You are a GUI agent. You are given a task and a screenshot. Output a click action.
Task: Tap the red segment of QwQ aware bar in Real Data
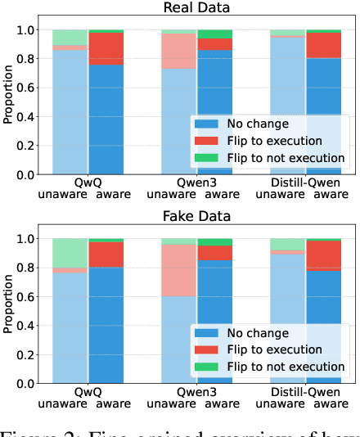tap(106, 49)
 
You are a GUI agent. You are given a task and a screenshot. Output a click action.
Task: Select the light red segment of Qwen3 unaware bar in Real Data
tap(178, 51)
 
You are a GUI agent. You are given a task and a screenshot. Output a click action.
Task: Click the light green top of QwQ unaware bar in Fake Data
tap(70, 253)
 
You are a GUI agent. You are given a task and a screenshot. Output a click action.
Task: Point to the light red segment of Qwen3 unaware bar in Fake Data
tap(178, 270)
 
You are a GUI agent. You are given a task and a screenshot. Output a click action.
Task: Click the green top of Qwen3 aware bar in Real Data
tap(214, 34)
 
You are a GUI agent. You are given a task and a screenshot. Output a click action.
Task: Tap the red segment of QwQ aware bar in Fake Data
tap(106, 255)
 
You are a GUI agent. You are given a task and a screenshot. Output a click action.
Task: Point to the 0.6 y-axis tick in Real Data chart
tap(29, 88)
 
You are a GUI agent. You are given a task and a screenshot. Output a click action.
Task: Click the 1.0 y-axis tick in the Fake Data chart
tap(29, 239)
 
